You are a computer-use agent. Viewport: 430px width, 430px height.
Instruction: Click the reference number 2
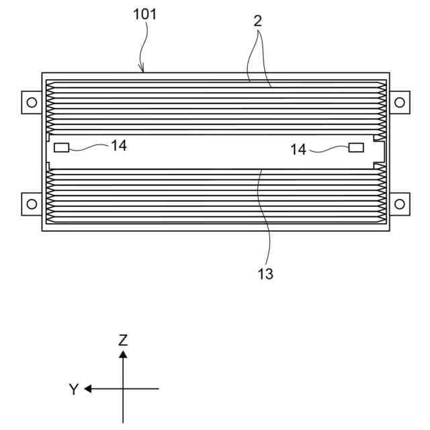tap(257, 21)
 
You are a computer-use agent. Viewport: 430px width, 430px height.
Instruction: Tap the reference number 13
tap(265, 274)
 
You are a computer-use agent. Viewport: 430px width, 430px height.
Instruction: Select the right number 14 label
tap(298, 149)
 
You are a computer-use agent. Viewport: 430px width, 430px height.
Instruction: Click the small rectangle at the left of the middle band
tap(61, 147)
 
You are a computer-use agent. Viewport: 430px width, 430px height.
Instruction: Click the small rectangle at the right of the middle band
tap(356, 147)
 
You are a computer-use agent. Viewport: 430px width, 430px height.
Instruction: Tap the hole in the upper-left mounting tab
tap(30, 102)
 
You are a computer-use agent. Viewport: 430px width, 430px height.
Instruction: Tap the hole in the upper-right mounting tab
tap(399, 102)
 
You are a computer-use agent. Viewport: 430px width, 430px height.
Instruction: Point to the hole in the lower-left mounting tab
tap(30, 202)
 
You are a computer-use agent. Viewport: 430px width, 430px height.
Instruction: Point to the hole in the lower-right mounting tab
tap(399, 202)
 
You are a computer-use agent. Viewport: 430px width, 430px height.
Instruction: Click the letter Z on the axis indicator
tap(123, 340)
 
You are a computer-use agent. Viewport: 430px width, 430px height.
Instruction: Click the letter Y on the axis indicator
tap(73, 389)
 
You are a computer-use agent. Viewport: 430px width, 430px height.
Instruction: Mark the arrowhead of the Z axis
tap(123, 353)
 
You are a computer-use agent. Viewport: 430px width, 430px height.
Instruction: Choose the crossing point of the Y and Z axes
tap(123, 388)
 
